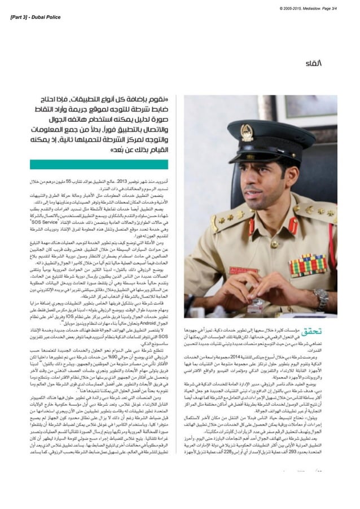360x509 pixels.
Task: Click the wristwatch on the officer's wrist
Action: tap(321, 299)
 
